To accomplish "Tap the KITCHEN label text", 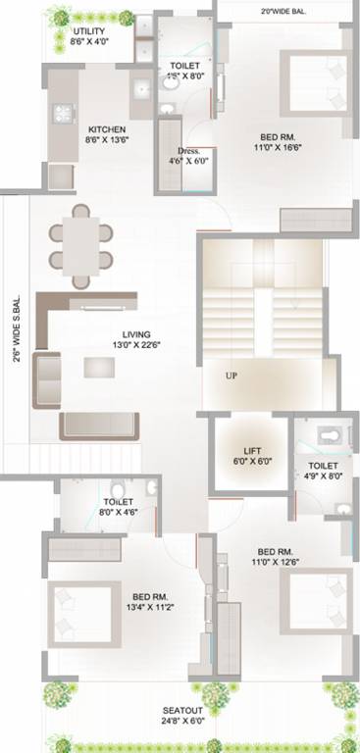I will click(105, 129).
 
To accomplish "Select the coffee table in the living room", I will click(98, 368).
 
